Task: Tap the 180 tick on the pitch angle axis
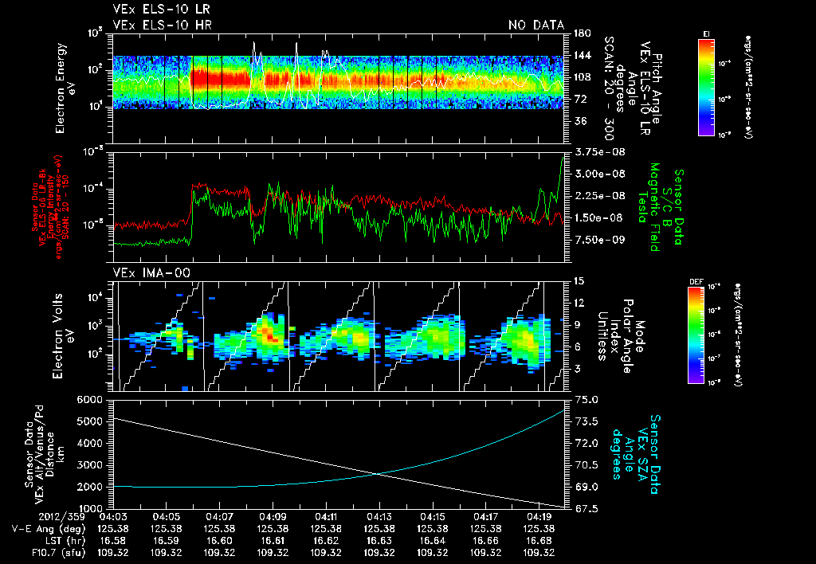click(x=580, y=33)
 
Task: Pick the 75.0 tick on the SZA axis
click(x=583, y=399)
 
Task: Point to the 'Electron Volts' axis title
click(x=60, y=335)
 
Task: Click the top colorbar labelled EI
click(x=706, y=84)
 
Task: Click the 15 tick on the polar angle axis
click(x=577, y=281)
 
